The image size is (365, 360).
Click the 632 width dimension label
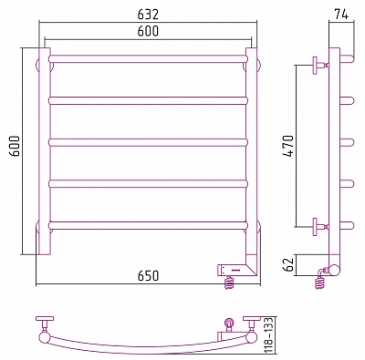(x=148, y=14)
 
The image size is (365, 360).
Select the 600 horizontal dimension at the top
(x=148, y=31)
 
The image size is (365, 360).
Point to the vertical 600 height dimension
(x=15, y=146)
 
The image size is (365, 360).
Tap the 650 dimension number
(x=148, y=275)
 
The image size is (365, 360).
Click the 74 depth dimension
(x=341, y=14)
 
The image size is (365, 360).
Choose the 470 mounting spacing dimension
(x=288, y=146)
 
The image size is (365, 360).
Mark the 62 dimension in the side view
(x=288, y=264)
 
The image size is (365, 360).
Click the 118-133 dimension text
(x=269, y=334)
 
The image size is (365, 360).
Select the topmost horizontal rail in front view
(x=148, y=59)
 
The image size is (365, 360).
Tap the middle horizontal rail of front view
(x=148, y=142)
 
